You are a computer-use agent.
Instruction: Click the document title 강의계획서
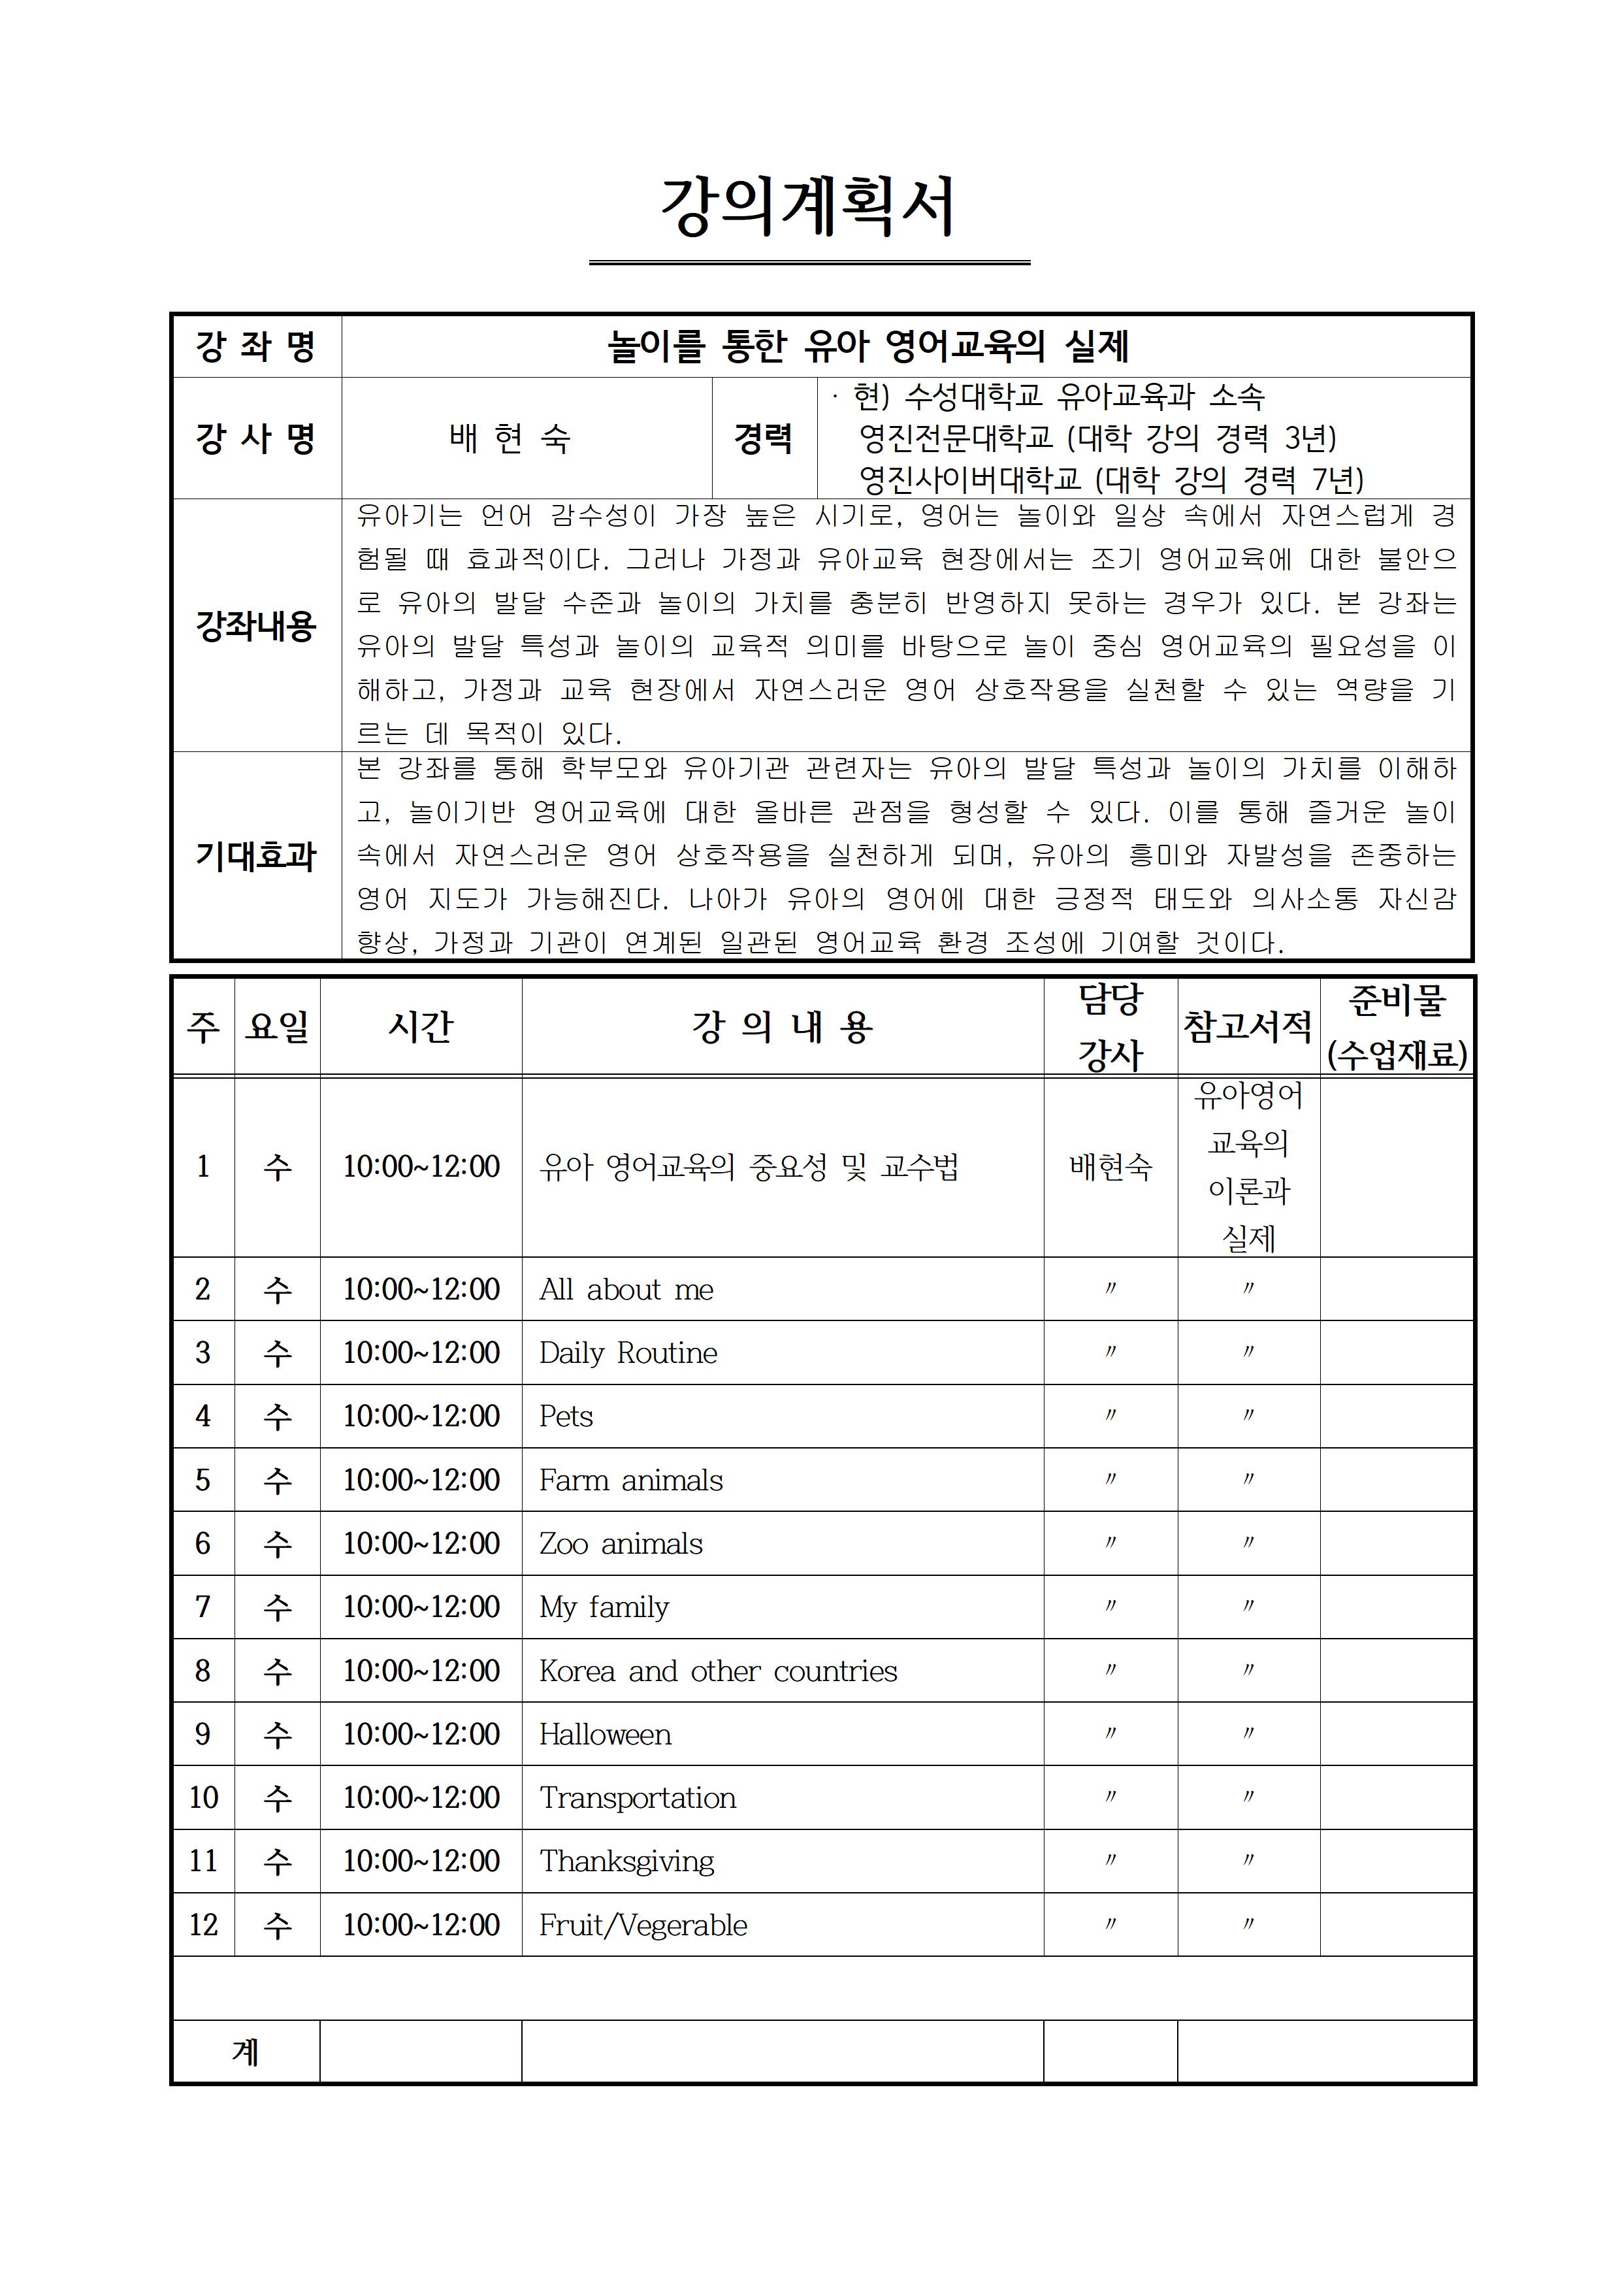coord(809,208)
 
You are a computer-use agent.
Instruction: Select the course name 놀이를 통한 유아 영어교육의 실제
coord(867,346)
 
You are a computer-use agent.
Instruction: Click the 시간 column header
coord(420,1026)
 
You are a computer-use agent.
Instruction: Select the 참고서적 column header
coord(1248,1026)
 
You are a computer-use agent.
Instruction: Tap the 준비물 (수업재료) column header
coord(1397,1026)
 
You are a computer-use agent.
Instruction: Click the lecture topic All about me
coord(626,1290)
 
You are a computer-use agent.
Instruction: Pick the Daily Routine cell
coord(628,1352)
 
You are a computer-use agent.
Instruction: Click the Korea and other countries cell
coord(718,1671)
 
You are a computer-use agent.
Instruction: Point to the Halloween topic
coord(605,1735)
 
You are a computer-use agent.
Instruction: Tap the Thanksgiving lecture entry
coord(627,1861)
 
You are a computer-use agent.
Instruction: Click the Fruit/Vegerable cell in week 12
coord(643,1925)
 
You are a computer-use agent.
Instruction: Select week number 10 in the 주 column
coord(204,1798)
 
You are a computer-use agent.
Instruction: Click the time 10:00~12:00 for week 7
coord(420,1607)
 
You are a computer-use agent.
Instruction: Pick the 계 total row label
coord(246,2052)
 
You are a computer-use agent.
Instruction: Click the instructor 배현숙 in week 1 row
coord(1110,1166)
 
